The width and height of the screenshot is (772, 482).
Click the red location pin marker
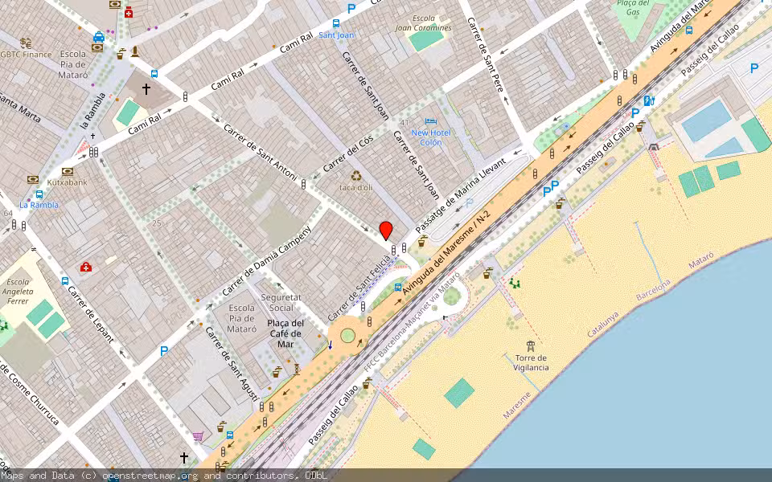click(x=386, y=230)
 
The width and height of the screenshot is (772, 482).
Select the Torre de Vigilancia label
click(x=531, y=362)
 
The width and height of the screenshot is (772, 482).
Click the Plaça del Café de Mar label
click(x=285, y=333)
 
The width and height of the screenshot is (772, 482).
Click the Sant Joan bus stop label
click(x=336, y=35)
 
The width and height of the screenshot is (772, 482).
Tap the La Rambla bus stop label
click(x=39, y=205)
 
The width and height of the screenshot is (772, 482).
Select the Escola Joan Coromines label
click(x=423, y=23)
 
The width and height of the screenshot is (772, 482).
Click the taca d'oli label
click(x=355, y=187)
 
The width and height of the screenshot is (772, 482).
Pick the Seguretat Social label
click(x=281, y=302)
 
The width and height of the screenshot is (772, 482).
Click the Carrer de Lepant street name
click(x=90, y=313)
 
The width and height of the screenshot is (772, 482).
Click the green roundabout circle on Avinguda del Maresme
click(x=347, y=334)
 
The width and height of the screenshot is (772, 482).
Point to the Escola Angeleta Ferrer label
click(x=18, y=292)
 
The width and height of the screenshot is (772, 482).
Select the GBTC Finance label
click(x=26, y=55)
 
